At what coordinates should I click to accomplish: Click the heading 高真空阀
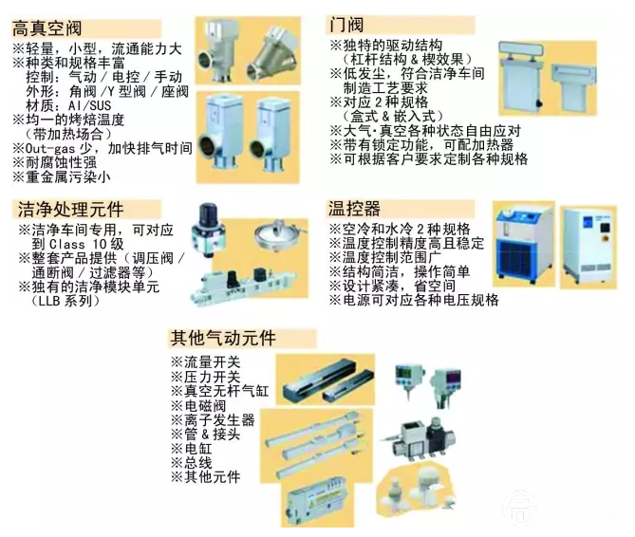(47, 28)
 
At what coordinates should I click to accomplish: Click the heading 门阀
(347, 25)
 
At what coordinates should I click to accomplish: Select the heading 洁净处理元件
(71, 210)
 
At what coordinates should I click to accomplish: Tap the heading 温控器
(354, 209)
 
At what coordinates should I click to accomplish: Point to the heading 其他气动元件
(223, 338)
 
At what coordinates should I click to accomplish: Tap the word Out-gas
(50, 149)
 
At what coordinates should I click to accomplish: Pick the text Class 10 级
(86, 245)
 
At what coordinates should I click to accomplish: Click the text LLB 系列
(65, 301)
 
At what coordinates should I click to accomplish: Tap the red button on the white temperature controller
(606, 228)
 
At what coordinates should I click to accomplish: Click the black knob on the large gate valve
(539, 103)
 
